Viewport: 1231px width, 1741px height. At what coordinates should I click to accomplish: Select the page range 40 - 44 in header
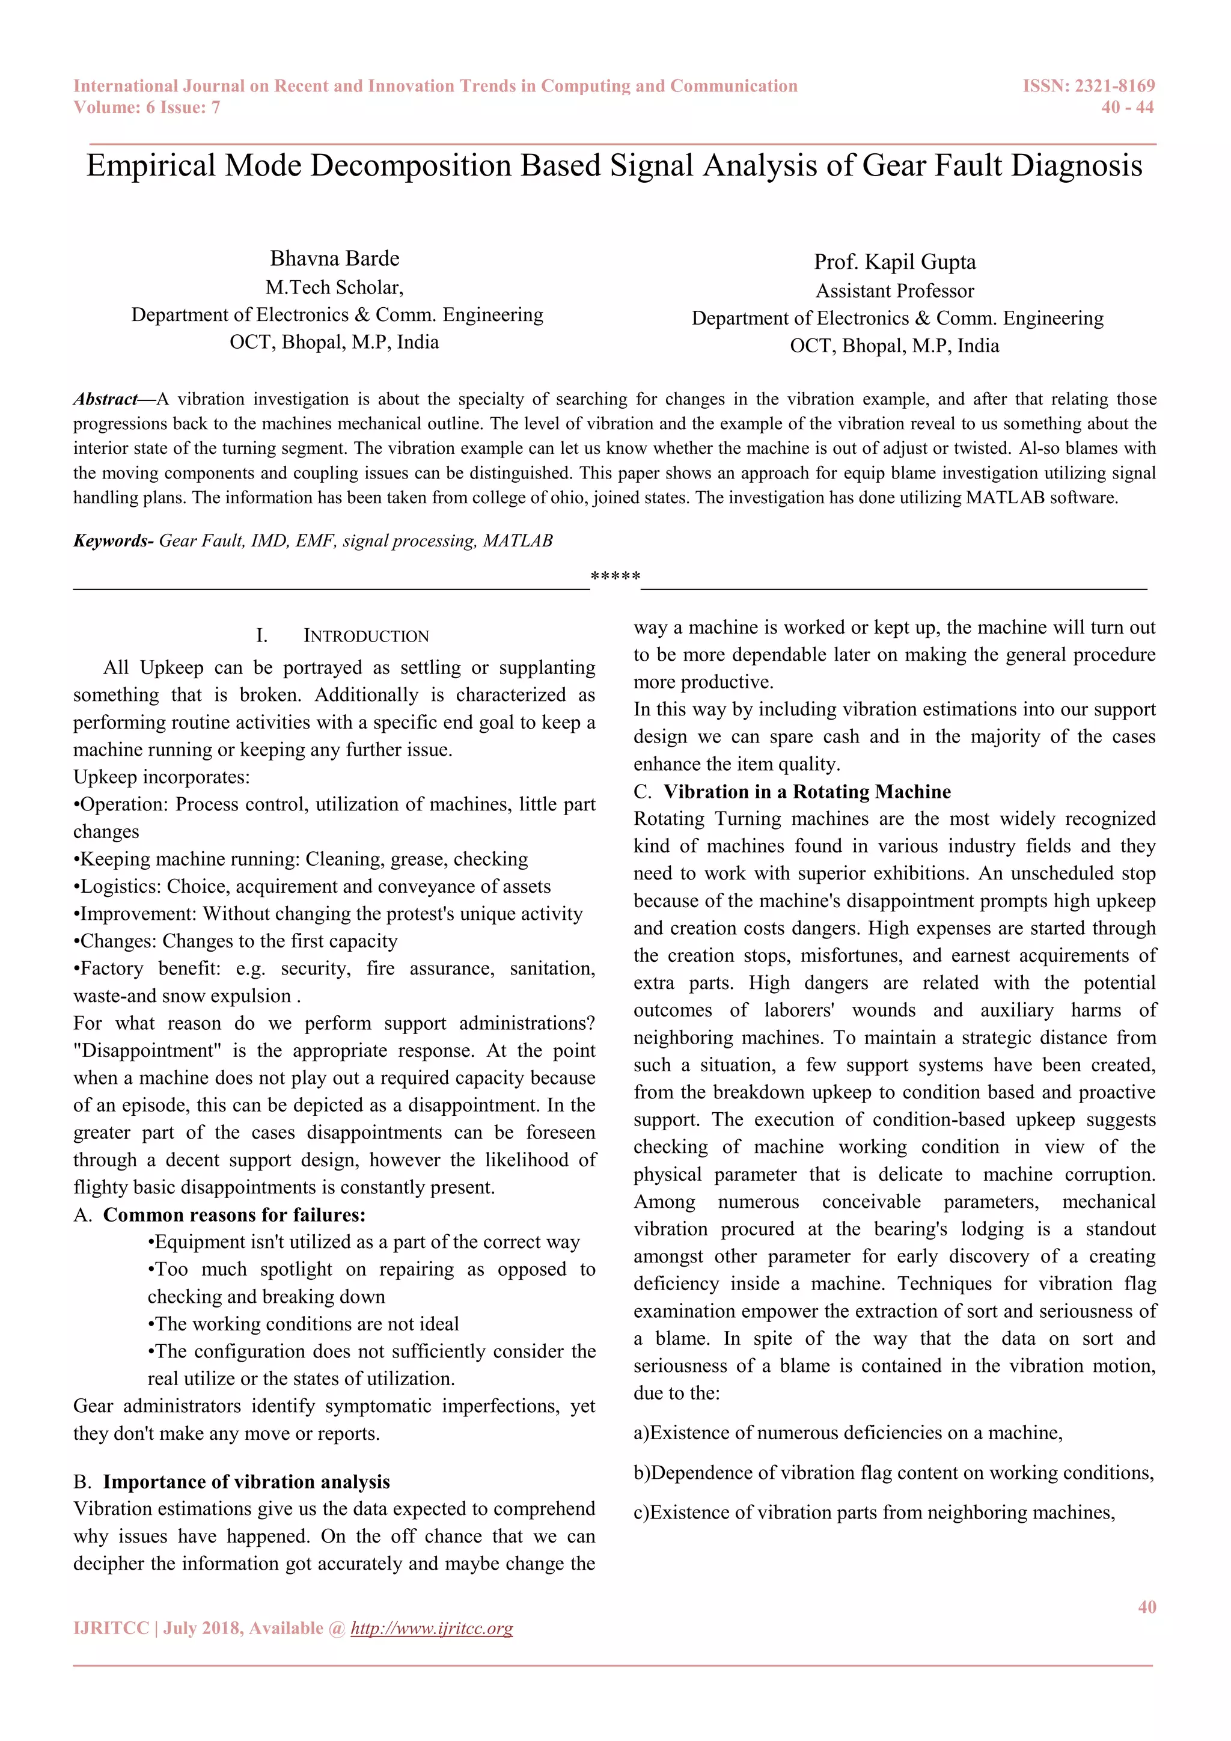point(1127,108)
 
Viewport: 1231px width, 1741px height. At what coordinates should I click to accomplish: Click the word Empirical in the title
point(151,166)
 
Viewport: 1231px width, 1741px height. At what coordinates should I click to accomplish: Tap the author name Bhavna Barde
point(334,259)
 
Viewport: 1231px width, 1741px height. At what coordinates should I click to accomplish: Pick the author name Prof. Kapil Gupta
point(894,262)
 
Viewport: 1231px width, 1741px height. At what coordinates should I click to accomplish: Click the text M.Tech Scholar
point(334,287)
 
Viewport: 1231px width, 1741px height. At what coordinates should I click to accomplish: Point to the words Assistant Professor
point(894,291)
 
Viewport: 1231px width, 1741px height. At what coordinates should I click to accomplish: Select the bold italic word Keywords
point(111,540)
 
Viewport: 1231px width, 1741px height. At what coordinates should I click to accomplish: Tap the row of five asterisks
point(615,577)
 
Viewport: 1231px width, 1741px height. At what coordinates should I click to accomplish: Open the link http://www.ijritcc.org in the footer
point(432,1628)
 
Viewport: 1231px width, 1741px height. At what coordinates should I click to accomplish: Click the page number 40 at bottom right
point(1146,1607)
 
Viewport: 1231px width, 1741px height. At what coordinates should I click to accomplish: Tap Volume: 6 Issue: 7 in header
point(147,108)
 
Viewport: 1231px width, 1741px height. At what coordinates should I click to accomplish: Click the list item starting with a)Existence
point(848,1433)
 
